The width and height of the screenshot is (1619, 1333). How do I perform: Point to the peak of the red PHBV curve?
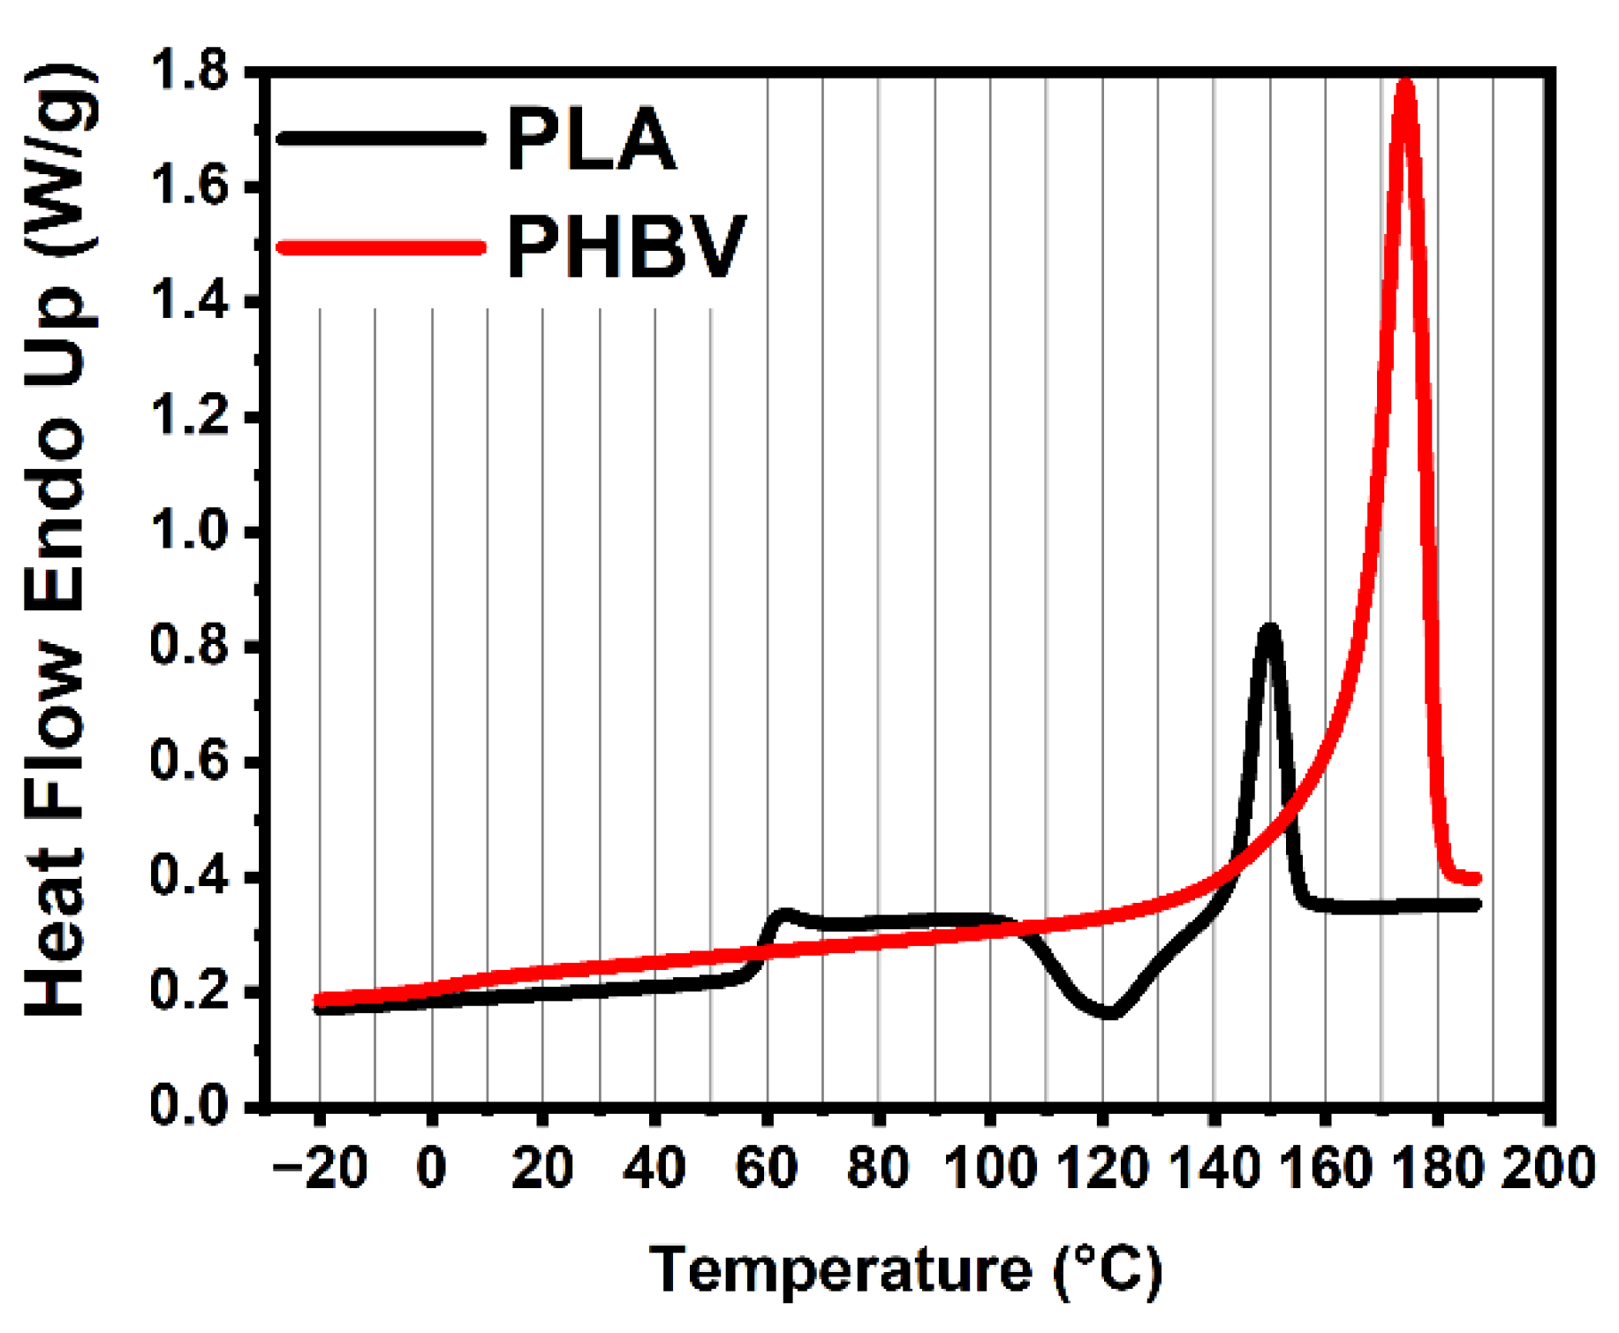1403,85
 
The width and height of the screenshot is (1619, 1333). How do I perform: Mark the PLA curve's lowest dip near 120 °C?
1110,1012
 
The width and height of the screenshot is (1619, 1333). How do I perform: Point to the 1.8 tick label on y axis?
191,71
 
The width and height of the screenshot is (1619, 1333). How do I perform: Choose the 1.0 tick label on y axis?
191,532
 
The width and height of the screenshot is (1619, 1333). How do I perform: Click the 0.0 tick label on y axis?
191,1106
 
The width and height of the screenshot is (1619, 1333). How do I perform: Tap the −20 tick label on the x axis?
320,1168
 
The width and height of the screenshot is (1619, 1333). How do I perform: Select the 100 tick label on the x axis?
989,1168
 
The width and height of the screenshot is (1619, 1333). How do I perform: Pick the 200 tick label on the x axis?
1548,1168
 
